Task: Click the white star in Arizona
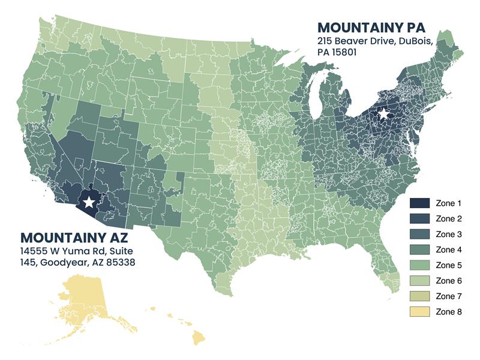pyautogui.click(x=89, y=202)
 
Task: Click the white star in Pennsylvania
pyautogui.click(x=382, y=113)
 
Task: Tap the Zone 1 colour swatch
pyautogui.click(x=419, y=203)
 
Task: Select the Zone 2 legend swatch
pyautogui.click(x=419, y=219)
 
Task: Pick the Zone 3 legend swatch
pyautogui.click(x=419, y=235)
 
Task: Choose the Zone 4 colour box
pyautogui.click(x=419, y=250)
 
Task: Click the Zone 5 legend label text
pyautogui.click(x=449, y=265)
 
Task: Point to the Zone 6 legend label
pyautogui.click(x=449, y=281)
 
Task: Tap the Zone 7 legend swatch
pyautogui.click(x=419, y=296)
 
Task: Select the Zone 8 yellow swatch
pyautogui.click(x=419, y=312)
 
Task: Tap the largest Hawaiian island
pyautogui.click(x=198, y=337)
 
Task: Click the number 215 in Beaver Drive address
pyautogui.click(x=325, y=41)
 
